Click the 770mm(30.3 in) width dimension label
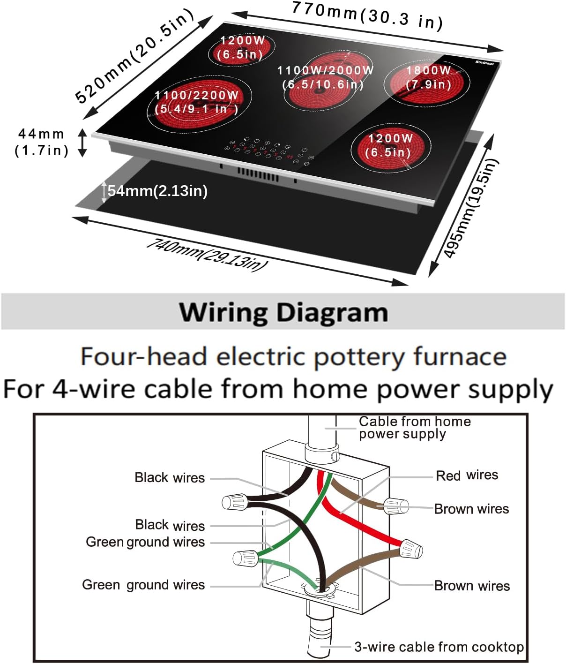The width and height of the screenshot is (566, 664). tap(367, 15)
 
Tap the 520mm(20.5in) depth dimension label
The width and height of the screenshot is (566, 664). tap(135, 55)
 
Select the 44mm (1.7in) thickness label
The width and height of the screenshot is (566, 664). tap(41, 142)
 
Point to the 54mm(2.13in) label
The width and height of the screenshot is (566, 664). tap(157, 191)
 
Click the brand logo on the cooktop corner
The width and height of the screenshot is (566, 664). tap(484, 62)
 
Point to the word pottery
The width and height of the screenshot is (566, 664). tap(358, 357)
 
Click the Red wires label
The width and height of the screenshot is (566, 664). tap(467, 475)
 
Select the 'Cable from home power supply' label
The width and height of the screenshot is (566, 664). tap(414, 428)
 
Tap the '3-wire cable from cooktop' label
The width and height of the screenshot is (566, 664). tap(439, 647)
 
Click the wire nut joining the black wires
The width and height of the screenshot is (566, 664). tap(235, 502)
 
